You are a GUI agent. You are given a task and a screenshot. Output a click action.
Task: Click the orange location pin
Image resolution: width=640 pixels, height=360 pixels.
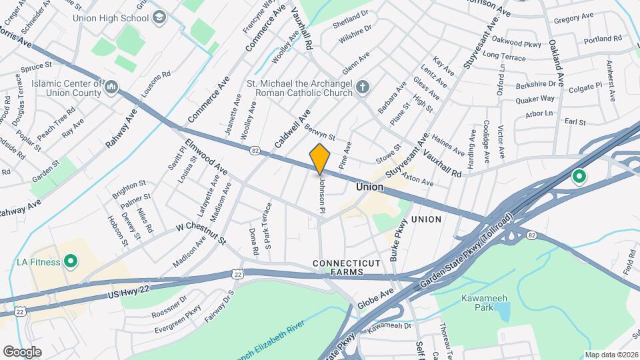pos(320,159)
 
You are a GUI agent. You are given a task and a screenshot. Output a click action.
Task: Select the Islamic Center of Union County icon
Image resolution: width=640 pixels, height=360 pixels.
pos(112,87)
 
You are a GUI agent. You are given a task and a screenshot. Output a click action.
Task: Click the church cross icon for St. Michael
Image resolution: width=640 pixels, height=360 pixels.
pos(363,87)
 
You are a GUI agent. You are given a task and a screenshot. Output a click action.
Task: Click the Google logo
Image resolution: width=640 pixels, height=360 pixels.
pos(22,351)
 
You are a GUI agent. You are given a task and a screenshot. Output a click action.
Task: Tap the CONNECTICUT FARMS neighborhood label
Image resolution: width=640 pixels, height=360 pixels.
pos(347,267)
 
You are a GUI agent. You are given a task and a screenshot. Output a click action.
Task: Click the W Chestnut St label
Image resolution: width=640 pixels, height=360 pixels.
pos(201,233)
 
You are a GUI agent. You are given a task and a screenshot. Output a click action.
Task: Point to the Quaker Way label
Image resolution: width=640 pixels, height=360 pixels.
pos(535,99)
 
